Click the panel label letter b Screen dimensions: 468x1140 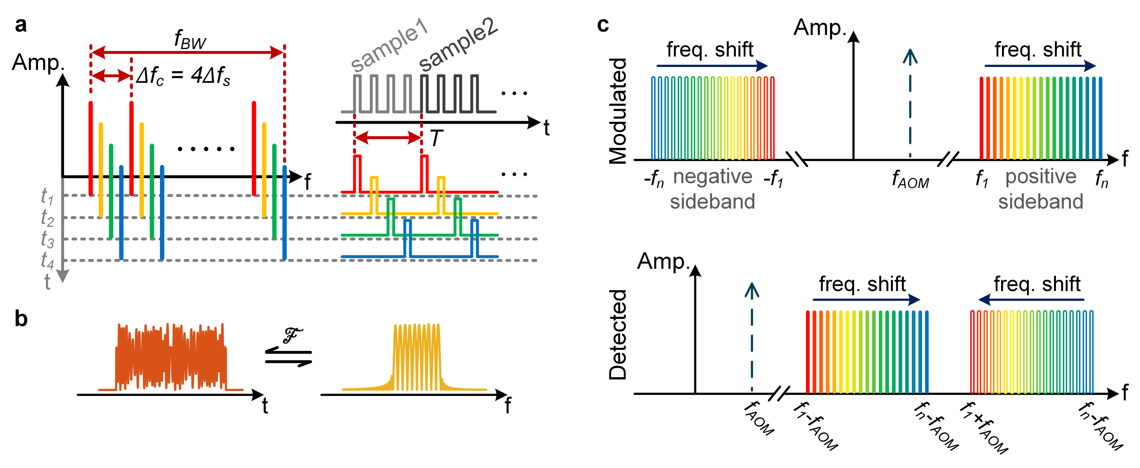click(21, 319)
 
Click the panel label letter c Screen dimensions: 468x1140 click(603, 25)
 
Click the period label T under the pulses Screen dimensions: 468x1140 click(436, 139)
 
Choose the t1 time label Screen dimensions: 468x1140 click(47, 196)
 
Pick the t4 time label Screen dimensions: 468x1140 click(47, 260)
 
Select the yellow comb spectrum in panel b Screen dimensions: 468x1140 click(416, 358)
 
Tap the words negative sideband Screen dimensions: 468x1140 click(712, 189)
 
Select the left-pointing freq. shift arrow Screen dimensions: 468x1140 click(1031, 300)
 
